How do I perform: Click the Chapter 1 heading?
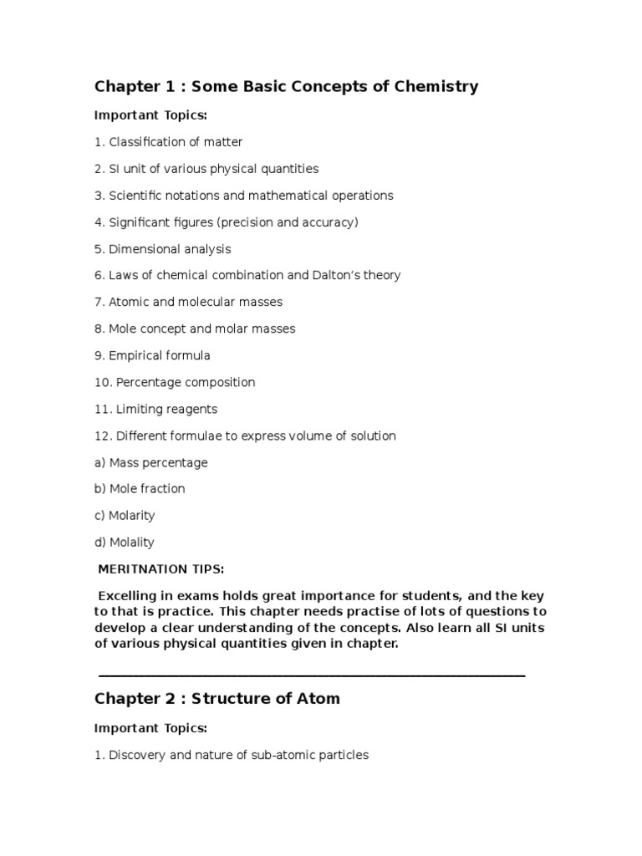pyautogui.click(x=286, y=86)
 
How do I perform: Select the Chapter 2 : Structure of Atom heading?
pyautogui.click(x=217, y=698)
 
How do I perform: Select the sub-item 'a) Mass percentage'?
pyautogui.click(x=150, y=462)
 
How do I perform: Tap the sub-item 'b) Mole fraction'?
pyautogui.click(x=140, y=488)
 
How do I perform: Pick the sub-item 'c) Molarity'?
pyautogui.click(x=125, y=515)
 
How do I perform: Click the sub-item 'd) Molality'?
pyautogui.click(x=125, y=542)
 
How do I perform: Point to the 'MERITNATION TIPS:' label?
pyautogui.click(x=160, y=569)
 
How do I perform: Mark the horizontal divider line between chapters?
pyautogui.click(x=311, y=674)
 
